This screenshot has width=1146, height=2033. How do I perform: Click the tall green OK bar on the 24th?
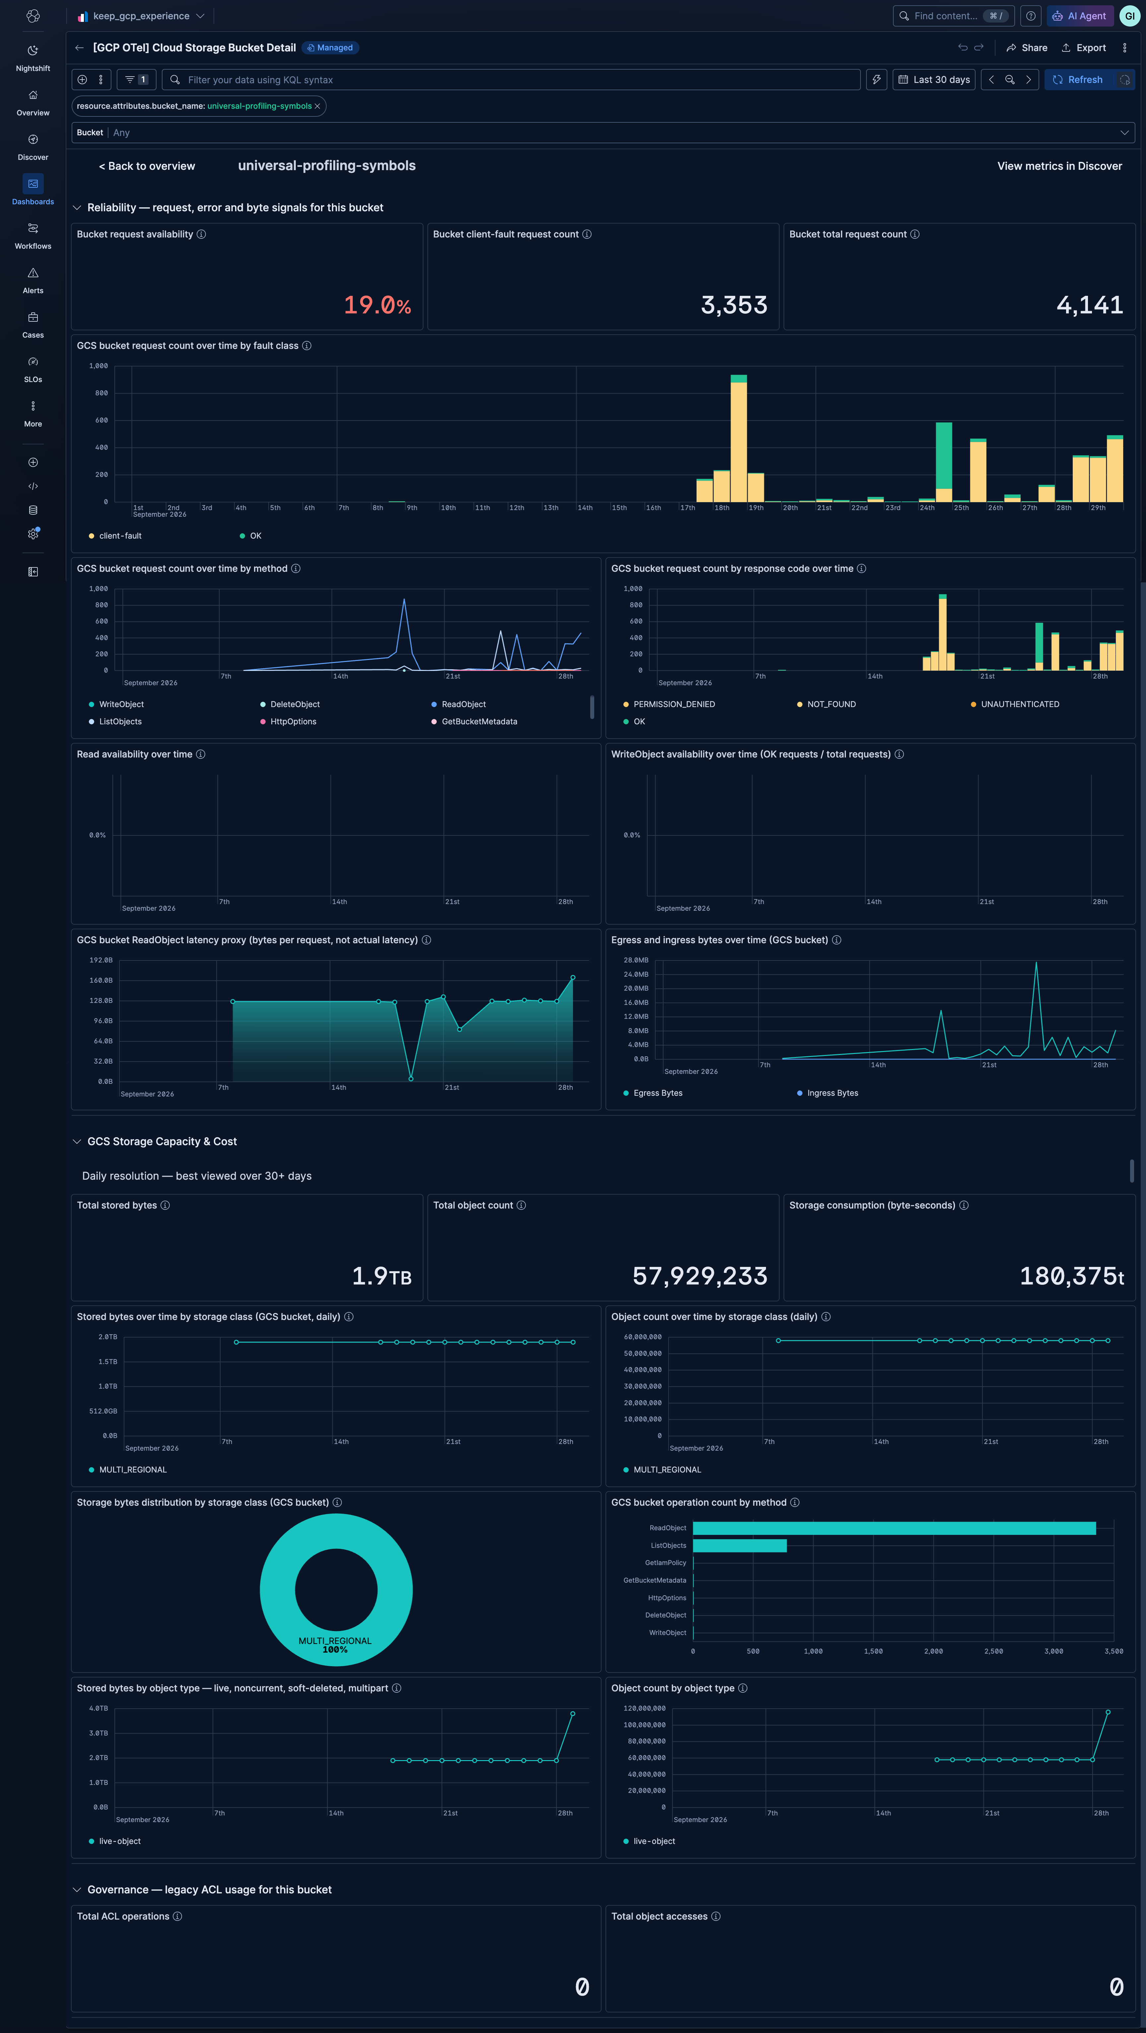tap(944, 455)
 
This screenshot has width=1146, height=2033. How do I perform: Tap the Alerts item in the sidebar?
tap(33, 280)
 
